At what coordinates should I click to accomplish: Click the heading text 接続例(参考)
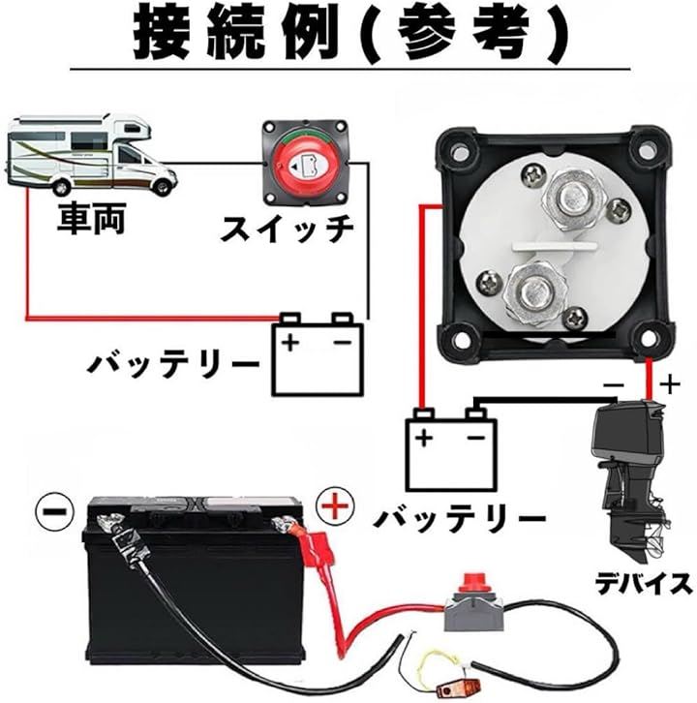[348, 36]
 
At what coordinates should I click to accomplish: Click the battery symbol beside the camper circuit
[317, 353]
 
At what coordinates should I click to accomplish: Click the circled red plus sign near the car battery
[332, 504]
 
